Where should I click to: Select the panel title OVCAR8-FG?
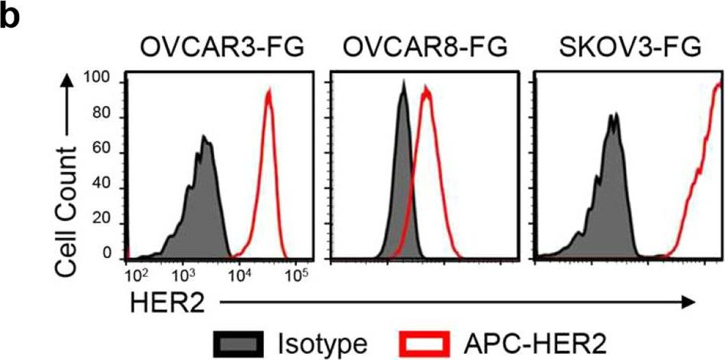426,48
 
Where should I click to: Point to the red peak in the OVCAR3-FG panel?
269,92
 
